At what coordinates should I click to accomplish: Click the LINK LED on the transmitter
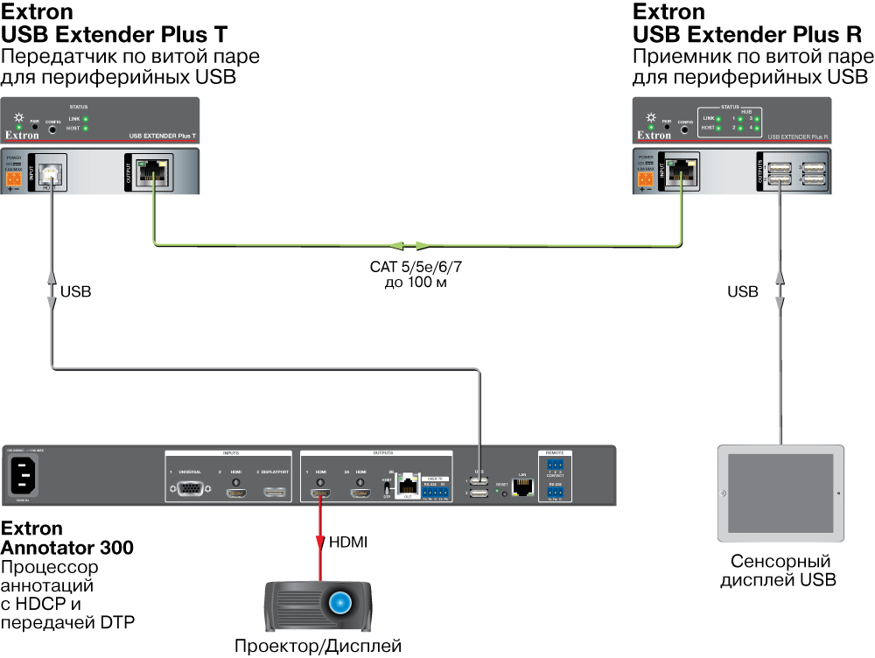[86, 118]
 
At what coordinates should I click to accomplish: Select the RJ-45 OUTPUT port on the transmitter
[154, 170]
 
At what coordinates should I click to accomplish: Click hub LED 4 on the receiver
[759, 129]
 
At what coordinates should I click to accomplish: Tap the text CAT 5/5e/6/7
[415, 269]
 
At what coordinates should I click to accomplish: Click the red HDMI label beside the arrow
[348, 543]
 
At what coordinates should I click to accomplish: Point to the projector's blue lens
[340, 603]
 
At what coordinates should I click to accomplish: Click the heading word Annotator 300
[67, 549]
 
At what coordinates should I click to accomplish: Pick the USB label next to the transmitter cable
[76, 291]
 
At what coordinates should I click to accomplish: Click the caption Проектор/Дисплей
[318, 647]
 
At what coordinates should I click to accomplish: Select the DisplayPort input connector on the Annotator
[276, 493]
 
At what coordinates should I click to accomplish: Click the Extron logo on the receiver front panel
[654, 136]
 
